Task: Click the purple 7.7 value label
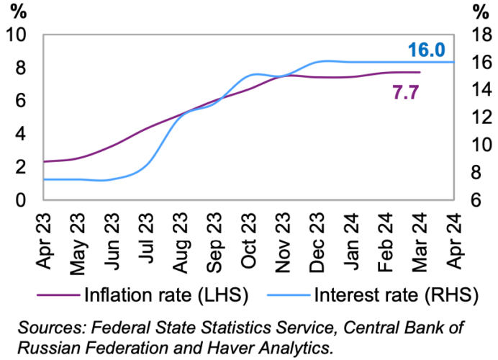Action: click(406, 91)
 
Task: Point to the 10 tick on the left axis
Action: click(16, 35)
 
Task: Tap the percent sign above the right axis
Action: click(479, 12)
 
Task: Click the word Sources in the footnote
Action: click(50, 328)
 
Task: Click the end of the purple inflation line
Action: click(420, 72)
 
